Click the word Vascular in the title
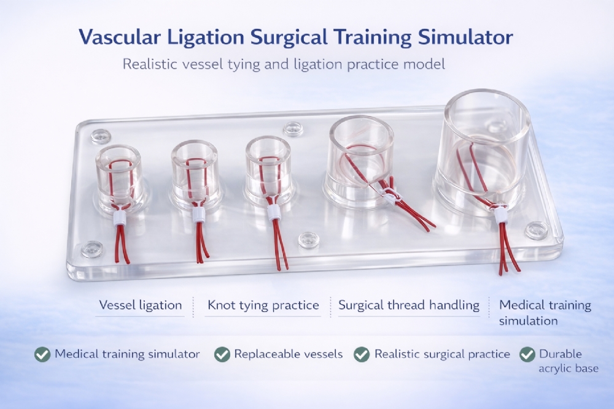point(120,37)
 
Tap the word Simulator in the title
point(465,37)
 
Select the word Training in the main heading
point(373,38)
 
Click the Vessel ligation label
point(140,305)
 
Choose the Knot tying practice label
point(263,305)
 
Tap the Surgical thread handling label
point(409,305)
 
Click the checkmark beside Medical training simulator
point(42,354)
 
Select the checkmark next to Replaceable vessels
point(222,354)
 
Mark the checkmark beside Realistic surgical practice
point(362,354)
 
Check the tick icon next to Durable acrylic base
point(527,354)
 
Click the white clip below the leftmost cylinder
point(120,218)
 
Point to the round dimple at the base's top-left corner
point(101,137)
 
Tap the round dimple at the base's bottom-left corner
point(93,249)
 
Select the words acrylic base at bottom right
point(568,369)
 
